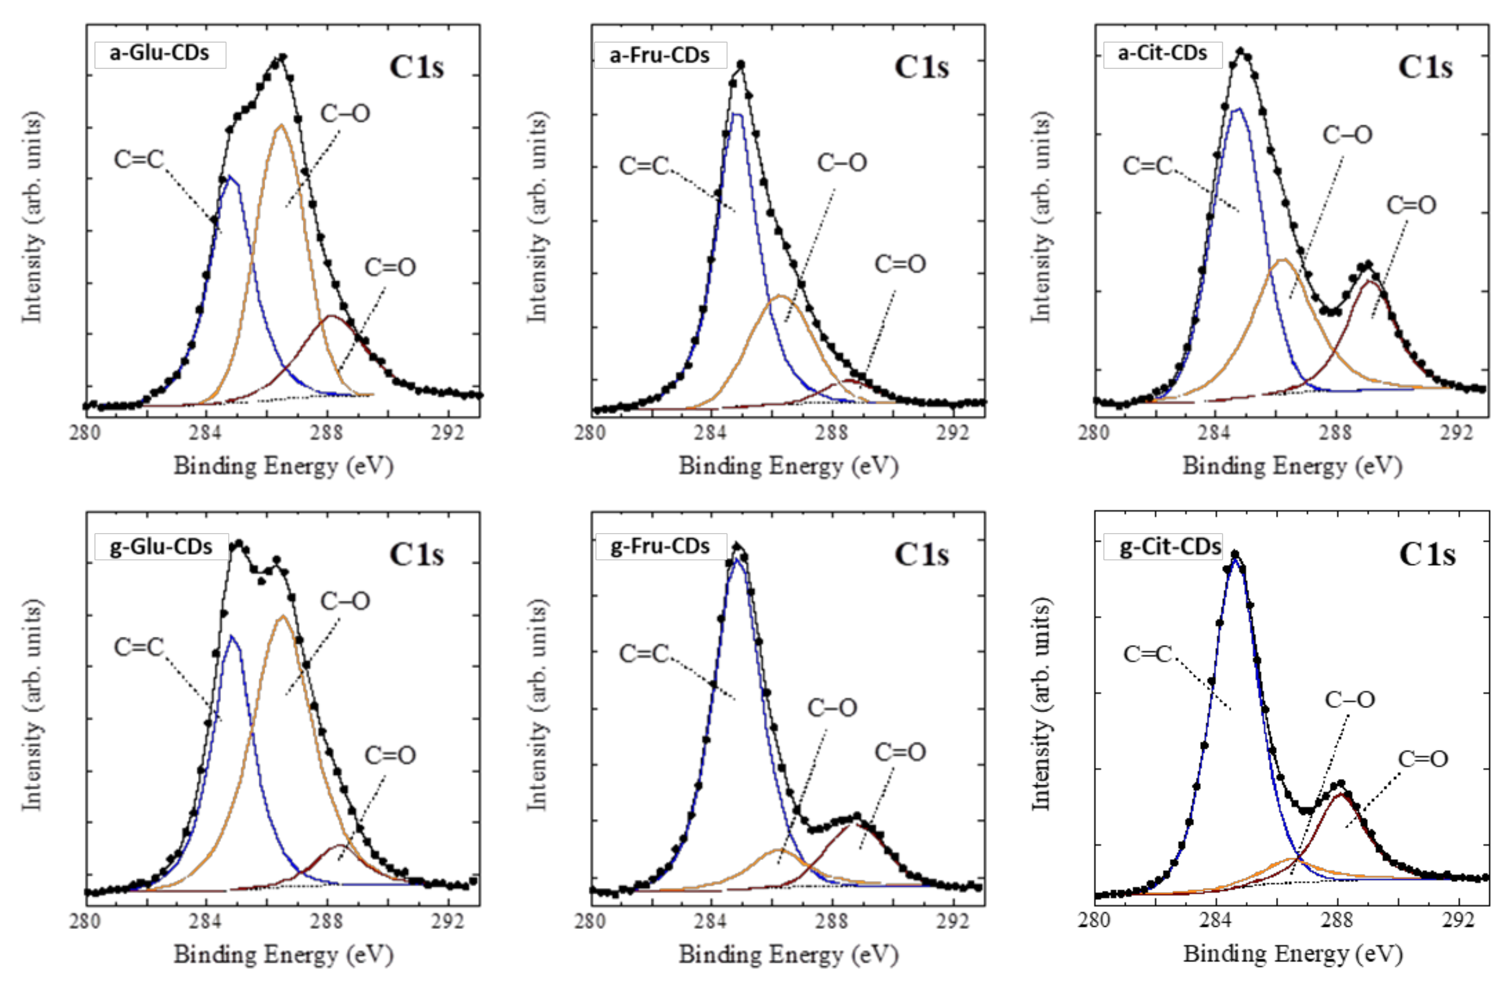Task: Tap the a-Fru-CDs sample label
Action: [x=659, y=55]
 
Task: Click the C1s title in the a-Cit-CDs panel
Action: [x=1425, y=67]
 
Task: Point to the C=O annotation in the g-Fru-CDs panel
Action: [x=900, y=752]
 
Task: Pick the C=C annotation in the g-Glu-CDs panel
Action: [x=139, y=647]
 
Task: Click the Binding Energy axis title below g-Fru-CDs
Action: [x=788, y=954]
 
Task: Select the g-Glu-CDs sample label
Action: [x=161, y=547]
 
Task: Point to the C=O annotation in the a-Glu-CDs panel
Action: [x=390, y=268]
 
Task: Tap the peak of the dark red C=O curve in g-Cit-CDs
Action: [x=1340, y=795]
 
